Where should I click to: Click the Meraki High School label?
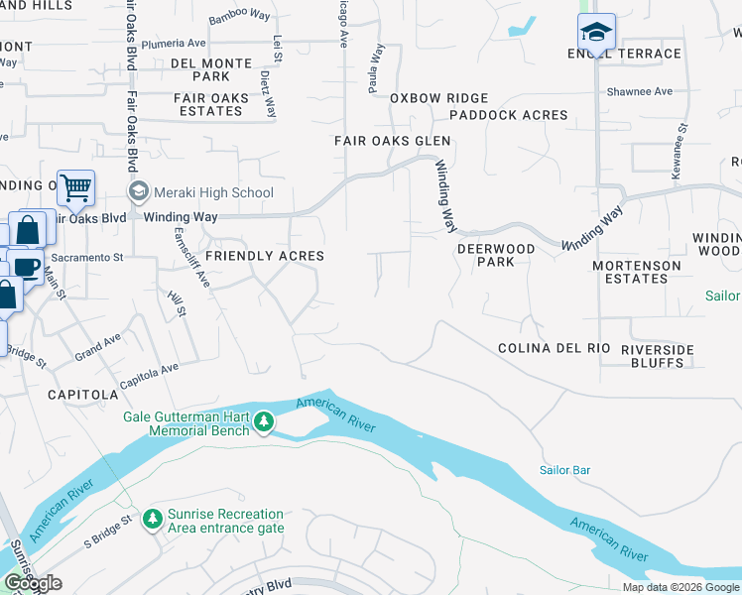[x=212, y=192]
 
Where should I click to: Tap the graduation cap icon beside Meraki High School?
[x=138, y=191]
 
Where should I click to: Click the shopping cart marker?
[x=75, y=186]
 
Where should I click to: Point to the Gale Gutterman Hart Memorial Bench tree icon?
[x=264, y=423]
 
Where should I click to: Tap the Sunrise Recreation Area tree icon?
[x=152, y=520]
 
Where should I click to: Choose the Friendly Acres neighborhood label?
[x=265, y=256]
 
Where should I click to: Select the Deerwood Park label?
[x=495, y=255]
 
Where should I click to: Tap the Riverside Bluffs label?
[x=652, y=356]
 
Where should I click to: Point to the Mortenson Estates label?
[x=637, y=273]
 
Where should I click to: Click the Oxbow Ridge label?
[x=438, y=98]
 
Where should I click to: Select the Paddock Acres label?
[x=508, y=115]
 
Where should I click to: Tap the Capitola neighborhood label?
[x=82, y=394]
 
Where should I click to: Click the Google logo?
[x=34, y=583]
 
